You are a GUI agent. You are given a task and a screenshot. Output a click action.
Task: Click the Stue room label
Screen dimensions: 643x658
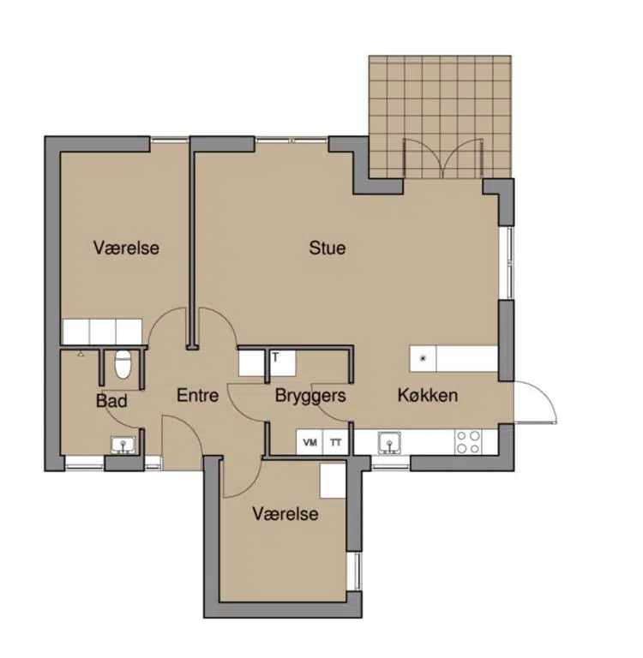pyautogui.click(x=328, y=248)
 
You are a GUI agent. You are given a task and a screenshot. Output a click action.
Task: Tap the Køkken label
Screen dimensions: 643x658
pyautogui.click(x=428, y=395)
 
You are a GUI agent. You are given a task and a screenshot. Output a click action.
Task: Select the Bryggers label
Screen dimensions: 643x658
pyautogui.click(x=310, y=396)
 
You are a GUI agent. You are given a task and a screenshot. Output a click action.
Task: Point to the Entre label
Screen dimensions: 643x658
pyautogui.click(x=197, y=395)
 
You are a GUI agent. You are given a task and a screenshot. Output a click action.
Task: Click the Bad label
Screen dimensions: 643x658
pyautogui.click(x=111, y=401)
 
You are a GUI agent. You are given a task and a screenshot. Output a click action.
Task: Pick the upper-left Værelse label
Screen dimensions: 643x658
pyautogui.click(x=126, y=248)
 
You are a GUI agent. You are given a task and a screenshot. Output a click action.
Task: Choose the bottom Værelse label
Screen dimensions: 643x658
pyautogui.click(x=285, y=514)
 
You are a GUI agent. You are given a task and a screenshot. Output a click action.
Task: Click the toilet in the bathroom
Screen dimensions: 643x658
pyautogui.click(x=123, y=364)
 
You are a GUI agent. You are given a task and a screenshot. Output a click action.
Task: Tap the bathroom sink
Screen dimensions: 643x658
pyautogui.click(x=123, y=445)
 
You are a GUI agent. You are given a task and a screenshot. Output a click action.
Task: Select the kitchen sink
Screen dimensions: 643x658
pyautogui.click(x=389, y=443)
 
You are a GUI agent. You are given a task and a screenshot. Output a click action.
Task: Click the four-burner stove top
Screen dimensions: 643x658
pyautogui.click(x=468, y=442)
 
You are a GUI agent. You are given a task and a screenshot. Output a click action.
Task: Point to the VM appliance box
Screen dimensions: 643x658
pyautogui.click(x=309, y=442)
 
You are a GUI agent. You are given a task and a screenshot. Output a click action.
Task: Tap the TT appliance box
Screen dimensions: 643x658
pyautogui.click(x=335, y=442)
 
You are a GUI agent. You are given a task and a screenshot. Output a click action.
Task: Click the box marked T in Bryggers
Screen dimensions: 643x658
pyautogui.click(x=282, y=362)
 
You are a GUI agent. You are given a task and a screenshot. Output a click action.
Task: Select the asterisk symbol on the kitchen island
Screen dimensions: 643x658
pyautogui.click(x=424, y=358)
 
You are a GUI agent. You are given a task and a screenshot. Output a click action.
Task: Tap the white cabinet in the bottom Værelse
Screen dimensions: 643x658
pyautogui.click(x=333, y=481)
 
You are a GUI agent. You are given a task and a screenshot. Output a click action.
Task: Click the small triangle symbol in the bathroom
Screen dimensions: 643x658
pyautogui.click(x=81, y=354)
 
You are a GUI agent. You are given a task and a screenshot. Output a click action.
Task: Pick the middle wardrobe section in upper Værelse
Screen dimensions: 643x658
pyautogui.click(x=103, y=332)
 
